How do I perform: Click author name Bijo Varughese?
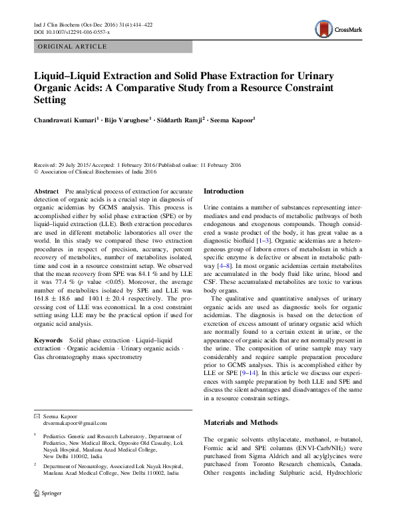tap(128, 120)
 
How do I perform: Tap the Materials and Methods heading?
tap(241, 422)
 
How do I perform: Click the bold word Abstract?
tap(46, 191)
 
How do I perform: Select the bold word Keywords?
tap(49, 340)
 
